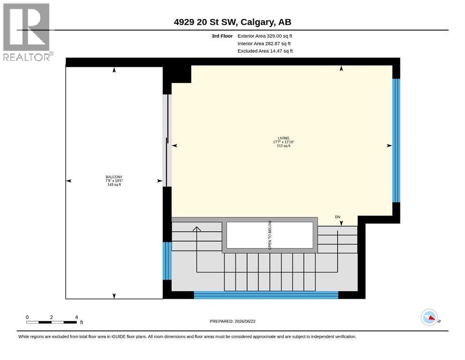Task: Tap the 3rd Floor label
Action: click(x=222, y=36)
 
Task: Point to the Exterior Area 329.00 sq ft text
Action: click(x=265, y=36)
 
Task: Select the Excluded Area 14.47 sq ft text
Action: click(x=265, y=51)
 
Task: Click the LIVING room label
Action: click(x=283, y=138)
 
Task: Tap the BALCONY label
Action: click(x=114, y=177)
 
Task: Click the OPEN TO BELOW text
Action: click(x=270, y=235)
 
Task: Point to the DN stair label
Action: click(x=338, y=217)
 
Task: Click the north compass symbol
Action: click(x=429, y=317)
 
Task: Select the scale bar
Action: click(x=52, y=322)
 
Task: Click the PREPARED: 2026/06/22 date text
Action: click(x=232, y=321)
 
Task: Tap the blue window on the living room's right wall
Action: click(x=396, y=140)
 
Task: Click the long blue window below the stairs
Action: click(x=266, y=295)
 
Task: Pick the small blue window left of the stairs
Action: click(x=167, y=261)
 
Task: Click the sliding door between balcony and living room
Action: click(x=167, y=140)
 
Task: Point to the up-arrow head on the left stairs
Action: click(x=197, y=229)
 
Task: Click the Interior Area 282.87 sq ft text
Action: click(x=264, y=44)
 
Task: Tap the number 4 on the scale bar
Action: click(x=76, y=317)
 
